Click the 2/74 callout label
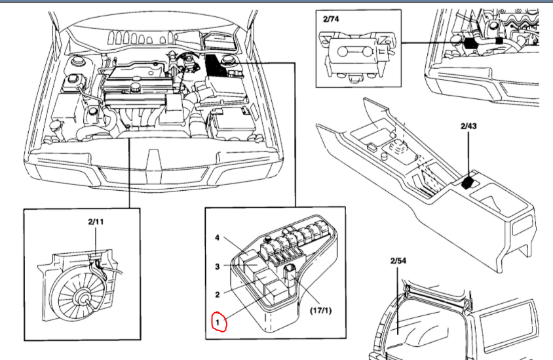pyautogui.click(x=332, y=20)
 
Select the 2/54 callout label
pyautogui.click(x=398, y=261)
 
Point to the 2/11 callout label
pyautogui.click(x=96, y=222)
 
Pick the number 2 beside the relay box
pyautogui.click(x=218, y=295)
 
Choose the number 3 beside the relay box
pyautogui.click(x=218, y=266)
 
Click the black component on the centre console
pyautogui.click(x=467, y=182)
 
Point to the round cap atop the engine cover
pyautogui.click(x=135, y=86)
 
